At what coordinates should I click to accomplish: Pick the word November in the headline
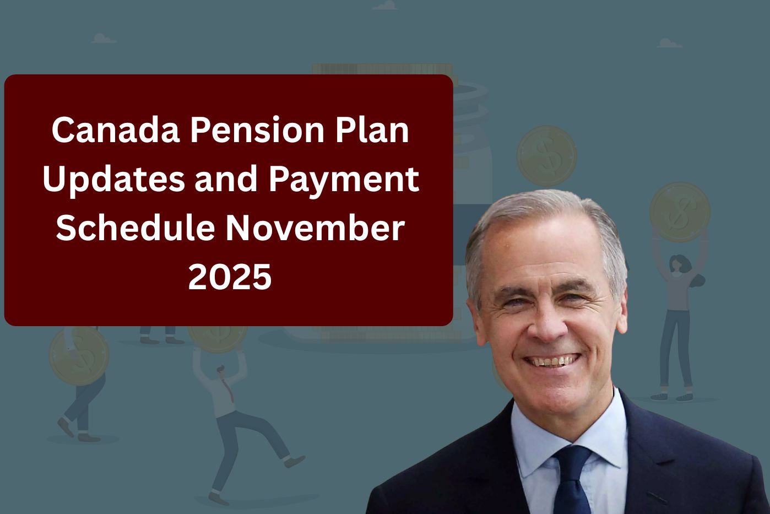click(314, 228)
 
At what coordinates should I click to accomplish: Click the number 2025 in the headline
click(230, 277)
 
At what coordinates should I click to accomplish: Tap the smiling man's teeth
click(552, 361)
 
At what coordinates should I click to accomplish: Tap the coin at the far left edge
click(78, 355)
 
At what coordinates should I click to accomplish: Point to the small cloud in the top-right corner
click(669, 43)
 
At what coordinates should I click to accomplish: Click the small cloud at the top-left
click(104, 39)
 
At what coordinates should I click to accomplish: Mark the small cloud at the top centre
click(385, 6)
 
